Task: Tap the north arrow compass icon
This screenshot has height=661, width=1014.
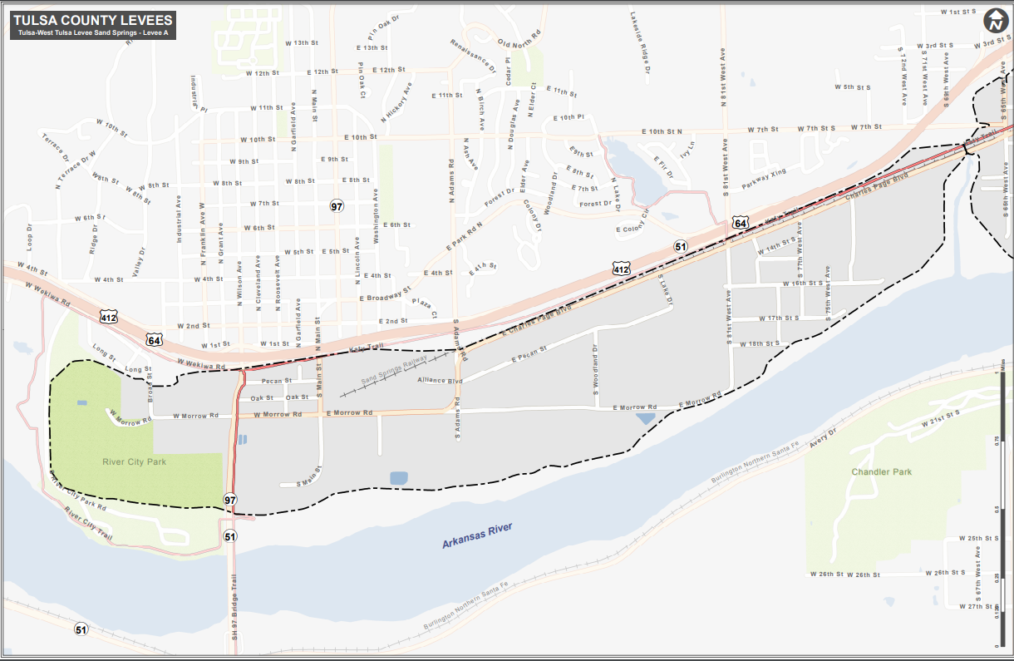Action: click(994, 22)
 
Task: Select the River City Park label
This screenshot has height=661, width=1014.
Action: click(135, 461)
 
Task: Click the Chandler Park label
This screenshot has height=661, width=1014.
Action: click(881, 471)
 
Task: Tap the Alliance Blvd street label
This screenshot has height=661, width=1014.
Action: click(440, 380)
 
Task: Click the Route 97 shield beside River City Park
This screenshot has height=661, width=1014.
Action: click(230, 500)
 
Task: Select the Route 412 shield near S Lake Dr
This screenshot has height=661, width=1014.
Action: click(621, 269)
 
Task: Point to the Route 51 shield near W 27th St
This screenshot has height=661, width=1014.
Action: click(81, 629)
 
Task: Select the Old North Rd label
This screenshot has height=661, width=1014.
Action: click(519, 38)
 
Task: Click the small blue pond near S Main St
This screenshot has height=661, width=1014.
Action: click(399, 478)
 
